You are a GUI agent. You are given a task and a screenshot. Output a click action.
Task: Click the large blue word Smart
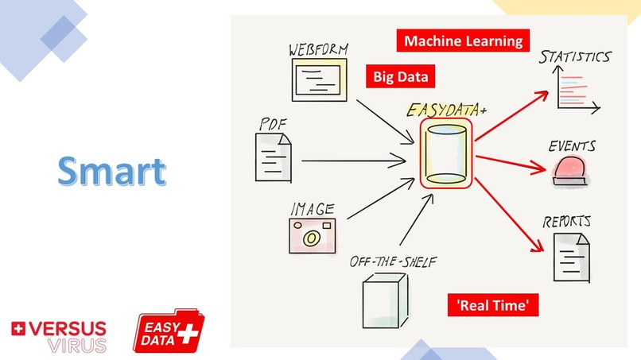click(x=112, y=170)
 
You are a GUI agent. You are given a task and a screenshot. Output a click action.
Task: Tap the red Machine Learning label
click(x=462, y=40)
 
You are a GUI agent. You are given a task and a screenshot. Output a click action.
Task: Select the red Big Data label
click(x=401, y=76)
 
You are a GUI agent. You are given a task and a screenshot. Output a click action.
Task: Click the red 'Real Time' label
click(x=493, y=305)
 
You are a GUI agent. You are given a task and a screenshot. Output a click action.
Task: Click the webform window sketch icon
click(x=320, y=80)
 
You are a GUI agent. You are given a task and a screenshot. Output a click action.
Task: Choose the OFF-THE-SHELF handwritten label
click(x=393, y=261)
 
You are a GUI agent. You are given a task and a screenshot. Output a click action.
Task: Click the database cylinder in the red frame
click(x=446, y=153)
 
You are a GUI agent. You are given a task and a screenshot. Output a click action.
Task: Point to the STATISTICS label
click(x=574, y=56)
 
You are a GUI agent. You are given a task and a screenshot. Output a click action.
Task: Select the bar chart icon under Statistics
click(x=573, y=90)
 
